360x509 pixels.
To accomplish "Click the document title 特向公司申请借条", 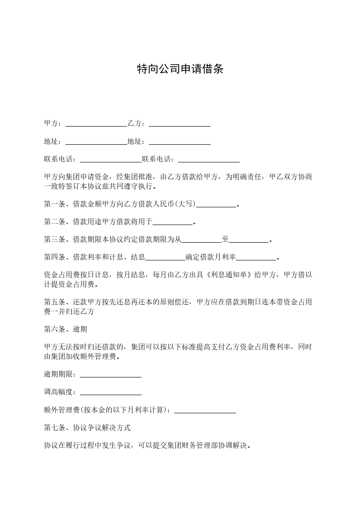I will (180, 69).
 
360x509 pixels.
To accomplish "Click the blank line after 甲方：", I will (96, 124).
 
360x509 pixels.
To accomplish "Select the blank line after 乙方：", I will (179, 124).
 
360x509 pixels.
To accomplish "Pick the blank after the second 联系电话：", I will (208, 160).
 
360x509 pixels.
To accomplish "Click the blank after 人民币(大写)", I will (216, 205).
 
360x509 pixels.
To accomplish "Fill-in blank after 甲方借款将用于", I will (173, 222).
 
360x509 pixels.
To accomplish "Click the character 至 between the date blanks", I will (225, 240).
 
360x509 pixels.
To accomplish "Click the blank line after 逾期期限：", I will (110, 375).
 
